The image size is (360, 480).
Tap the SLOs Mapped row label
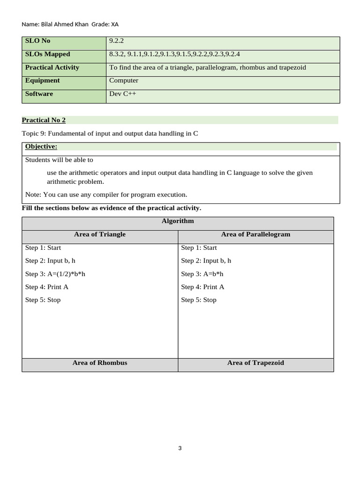(x=47, y=54)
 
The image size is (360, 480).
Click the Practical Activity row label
(x=52, y=67)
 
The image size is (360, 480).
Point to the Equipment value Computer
(x=124, y=80)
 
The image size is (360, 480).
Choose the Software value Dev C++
(x=123, y=93)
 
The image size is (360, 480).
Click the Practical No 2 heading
(x=44, y=120)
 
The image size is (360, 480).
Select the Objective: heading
(x=41, y=147)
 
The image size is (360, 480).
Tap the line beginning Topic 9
(x=110, y=133)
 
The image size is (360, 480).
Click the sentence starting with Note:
(x=106, y=194)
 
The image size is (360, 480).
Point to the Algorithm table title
(x=178, y=221)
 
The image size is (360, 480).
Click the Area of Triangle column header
(x=100, y=234)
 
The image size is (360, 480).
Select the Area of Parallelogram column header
(x=255, y=234)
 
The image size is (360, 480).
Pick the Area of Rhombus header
(x=100, y=362)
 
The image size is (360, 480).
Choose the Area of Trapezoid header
(x=255, y=362)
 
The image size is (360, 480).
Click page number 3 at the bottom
(x=180, y=448)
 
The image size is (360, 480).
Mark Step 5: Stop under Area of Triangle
(x=43, y=300)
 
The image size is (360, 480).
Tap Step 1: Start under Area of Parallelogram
(x=199, y=247)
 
